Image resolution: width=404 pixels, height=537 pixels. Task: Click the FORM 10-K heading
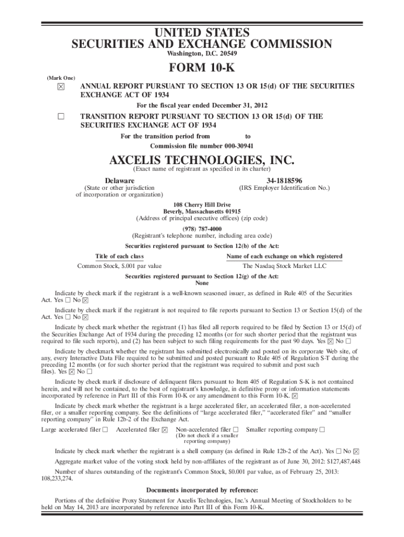point(201,69)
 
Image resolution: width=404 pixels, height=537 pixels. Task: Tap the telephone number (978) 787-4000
point(201,229)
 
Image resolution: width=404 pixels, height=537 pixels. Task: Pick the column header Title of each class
point(119,256)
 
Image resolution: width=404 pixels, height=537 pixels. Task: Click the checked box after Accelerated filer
point(165,430)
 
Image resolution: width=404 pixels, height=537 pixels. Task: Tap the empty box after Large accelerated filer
point(105,430)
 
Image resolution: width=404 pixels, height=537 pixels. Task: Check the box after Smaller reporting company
point(322,430)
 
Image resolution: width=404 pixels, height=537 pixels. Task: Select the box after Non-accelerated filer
point(236,430)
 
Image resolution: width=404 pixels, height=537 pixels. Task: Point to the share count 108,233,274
point(57,478)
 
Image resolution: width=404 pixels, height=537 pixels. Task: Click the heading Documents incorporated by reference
point(201,491)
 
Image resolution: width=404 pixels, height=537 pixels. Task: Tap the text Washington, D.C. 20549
point(201,53)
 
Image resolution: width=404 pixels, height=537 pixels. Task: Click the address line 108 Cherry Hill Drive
point(201,205)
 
